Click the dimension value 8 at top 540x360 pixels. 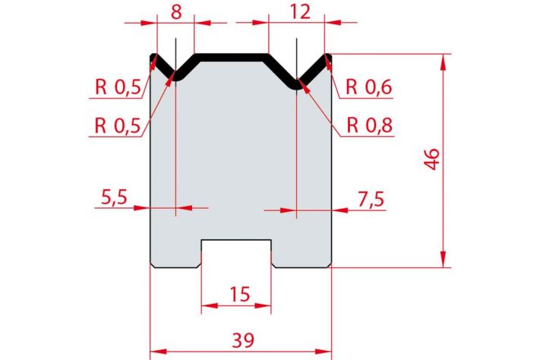(176, 13)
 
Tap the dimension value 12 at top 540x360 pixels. (300, 13)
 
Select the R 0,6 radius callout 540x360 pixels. (369, 87)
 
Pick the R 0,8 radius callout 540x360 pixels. (370, 125)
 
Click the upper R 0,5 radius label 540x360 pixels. (118, 87)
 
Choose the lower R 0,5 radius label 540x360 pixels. (118, 125)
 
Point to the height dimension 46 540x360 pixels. (432, 159)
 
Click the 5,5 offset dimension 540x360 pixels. (115, 197)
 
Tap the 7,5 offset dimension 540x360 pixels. (371, 200)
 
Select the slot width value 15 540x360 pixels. (240, 295)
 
